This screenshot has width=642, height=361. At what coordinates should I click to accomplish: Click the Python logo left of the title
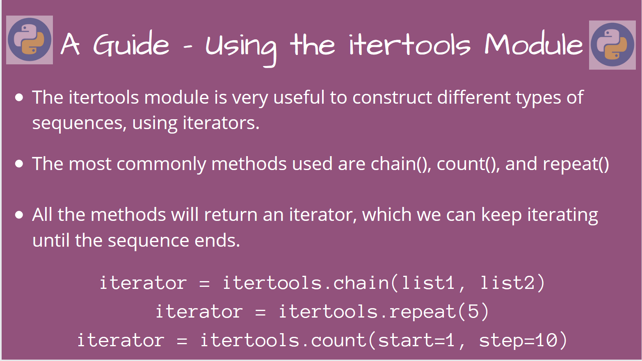pos(30,40)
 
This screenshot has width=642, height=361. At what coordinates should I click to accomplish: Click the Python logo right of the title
pos(612,45)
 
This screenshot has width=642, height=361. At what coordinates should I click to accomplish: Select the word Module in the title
pos(533,44)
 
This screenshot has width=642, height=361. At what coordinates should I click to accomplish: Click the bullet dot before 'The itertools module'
pos(19,98)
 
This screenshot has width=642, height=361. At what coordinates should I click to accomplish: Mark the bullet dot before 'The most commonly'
pos(19,164)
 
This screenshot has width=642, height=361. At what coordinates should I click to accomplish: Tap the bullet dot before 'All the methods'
pos(19,215)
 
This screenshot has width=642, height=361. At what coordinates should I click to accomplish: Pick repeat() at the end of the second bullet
pos(576,164)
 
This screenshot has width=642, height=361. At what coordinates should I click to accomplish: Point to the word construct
pos(392,98)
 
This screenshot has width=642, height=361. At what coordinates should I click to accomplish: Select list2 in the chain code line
pos(508,283)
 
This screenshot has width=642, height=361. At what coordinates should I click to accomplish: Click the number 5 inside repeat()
pos(473,311)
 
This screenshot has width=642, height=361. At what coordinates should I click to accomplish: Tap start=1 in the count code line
pos(416,340)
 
